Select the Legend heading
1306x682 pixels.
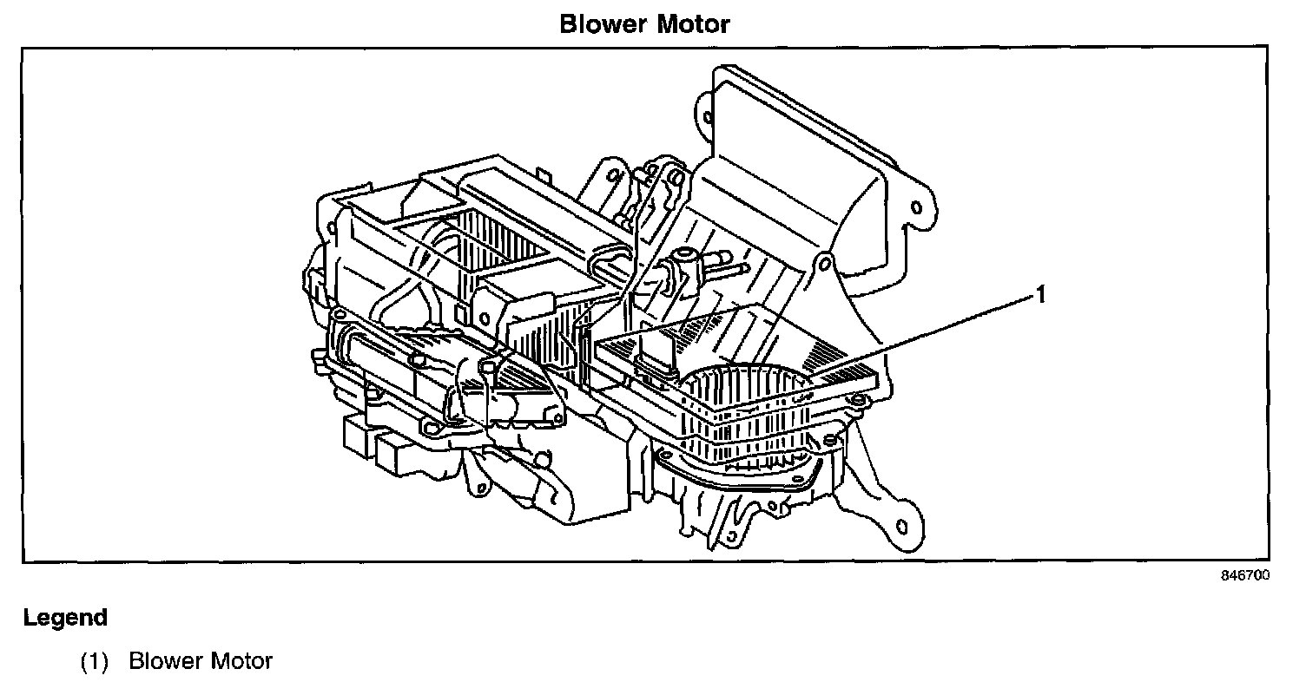pos(65,618)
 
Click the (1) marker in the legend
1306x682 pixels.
pos(94,662)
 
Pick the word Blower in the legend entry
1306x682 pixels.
pos(167,662)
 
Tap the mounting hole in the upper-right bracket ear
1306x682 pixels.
pos(914,209)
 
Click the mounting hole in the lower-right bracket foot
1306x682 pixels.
pos(901,526)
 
